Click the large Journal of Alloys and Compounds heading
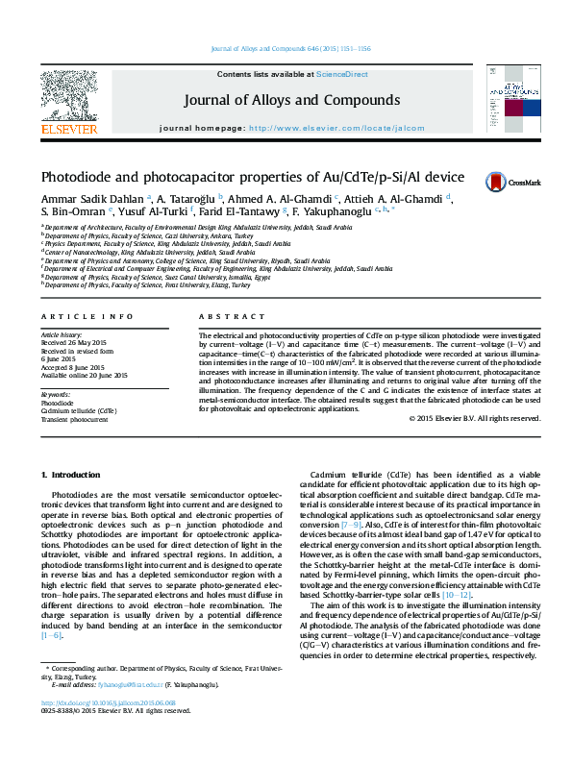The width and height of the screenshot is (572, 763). pyautogui.click(x=291, y=101)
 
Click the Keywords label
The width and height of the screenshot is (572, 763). pyautogui.click(x=55, y=395)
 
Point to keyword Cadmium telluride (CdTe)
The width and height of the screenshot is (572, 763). pyautogui.click(x=79, y=410)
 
